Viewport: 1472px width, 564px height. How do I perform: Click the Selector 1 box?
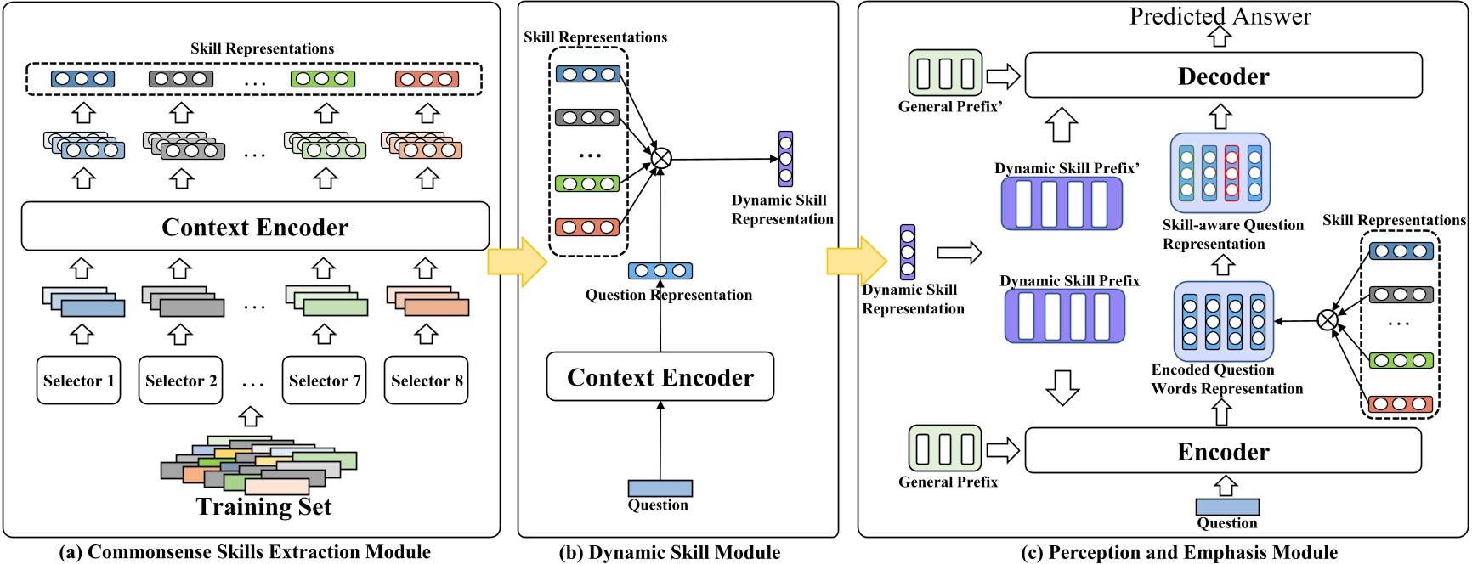pos(78,381)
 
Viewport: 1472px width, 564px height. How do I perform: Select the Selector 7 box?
pos(324,381)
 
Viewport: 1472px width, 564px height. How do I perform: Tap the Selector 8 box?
pos(426,381)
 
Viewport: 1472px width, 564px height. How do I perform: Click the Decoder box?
pos(1223,76)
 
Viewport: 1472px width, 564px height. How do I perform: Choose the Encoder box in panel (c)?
pos(1223,451)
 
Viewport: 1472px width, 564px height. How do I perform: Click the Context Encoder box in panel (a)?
pos(255,227)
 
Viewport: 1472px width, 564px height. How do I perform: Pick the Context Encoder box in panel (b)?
pos(660,377)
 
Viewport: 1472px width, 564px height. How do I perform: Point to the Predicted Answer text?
pos(1220,16)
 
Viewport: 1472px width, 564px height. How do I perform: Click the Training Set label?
pos(263,507)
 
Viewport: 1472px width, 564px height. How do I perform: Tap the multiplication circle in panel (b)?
pos(660,159)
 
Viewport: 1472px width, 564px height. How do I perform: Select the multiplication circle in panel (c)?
pos(1327,320)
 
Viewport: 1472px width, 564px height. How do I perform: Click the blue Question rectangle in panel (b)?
pos(660,488)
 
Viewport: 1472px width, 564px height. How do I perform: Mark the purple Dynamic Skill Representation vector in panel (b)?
pos(785,159)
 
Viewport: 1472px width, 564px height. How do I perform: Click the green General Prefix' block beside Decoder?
pos(945,73)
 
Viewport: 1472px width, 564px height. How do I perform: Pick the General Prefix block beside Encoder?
pos(945,448)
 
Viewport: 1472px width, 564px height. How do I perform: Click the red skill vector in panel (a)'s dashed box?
pos(427,79)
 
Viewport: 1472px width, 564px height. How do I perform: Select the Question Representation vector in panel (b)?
pos(660,271)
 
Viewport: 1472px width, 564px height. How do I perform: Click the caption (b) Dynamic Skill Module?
pos(670,552)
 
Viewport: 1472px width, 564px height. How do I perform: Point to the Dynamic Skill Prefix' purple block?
pos(1062,204)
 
